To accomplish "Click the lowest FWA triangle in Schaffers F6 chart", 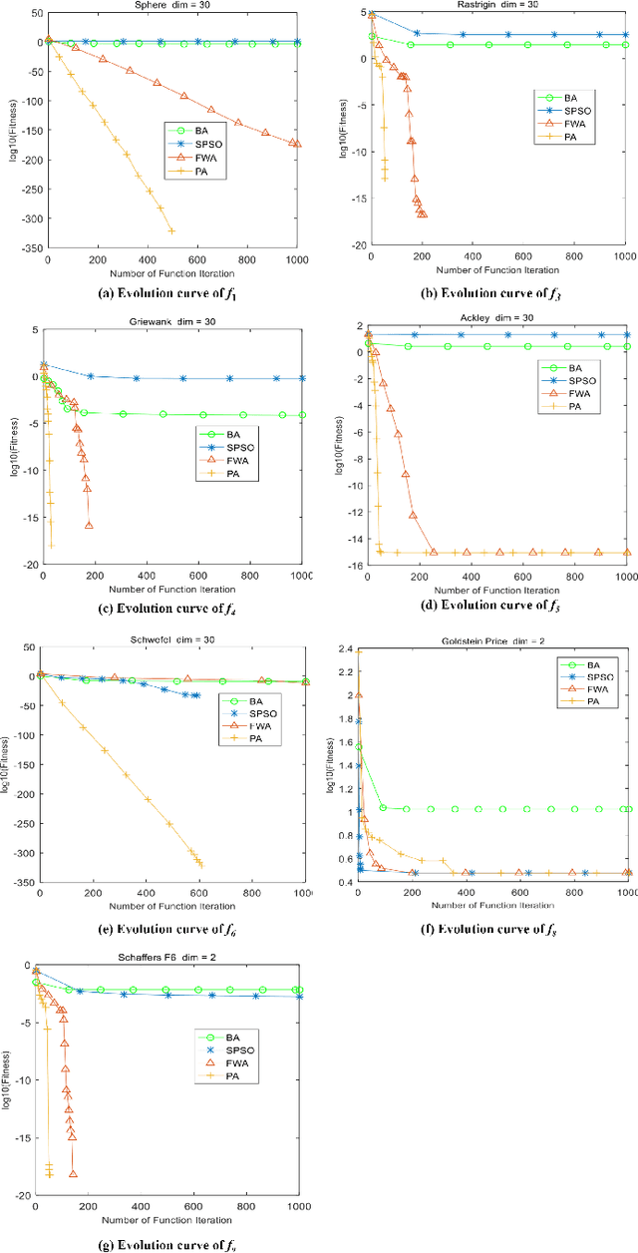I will tap(73, 1173).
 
